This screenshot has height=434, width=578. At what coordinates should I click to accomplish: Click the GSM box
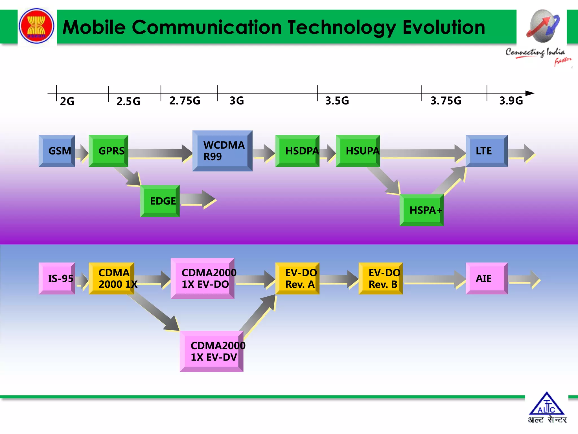click(x=57, y=151)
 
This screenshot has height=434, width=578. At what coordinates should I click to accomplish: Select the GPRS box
click(x=108, y=151)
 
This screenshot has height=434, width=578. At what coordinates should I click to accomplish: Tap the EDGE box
click(x=160, y=201)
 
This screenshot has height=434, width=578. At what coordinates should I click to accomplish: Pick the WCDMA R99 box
click(x=222, y=151)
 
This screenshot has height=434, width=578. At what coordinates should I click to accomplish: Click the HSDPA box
click(x=297, y=151)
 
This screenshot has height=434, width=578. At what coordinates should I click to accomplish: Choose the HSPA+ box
click(x=422, y=210)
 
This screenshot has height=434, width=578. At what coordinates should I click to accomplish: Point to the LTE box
click(x=487, y=151)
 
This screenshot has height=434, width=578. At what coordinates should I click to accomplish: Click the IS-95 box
click(x=57, y=278)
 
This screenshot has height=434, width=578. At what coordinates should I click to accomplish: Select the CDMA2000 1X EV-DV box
click(x=211, y=351)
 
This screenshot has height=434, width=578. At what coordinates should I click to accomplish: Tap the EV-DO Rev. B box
click(x=380, y=278)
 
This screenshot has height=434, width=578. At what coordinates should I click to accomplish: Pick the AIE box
click(x=487, y=278)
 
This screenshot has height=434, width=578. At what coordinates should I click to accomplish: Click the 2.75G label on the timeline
click(x=185, y=101)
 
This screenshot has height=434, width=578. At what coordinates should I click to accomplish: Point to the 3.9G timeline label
click(x=511, y=101)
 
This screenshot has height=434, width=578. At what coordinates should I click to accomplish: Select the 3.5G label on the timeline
click(x=337, y=101)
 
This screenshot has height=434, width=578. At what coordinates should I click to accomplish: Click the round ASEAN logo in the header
click(x=36, y=26)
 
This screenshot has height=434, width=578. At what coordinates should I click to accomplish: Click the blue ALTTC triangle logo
click(x=547, y=404)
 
